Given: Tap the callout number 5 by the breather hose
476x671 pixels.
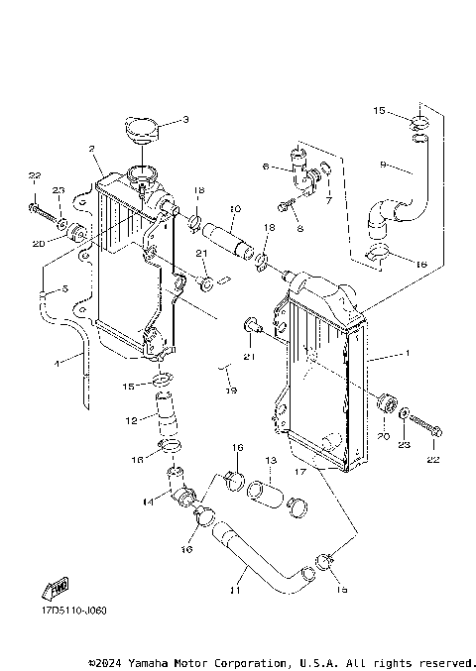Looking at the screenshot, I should click(64, 289).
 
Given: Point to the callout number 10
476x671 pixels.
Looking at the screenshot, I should click(235, 209).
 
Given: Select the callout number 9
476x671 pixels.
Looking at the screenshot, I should click(383, 164).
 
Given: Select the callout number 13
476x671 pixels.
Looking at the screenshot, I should click(269, 461).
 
